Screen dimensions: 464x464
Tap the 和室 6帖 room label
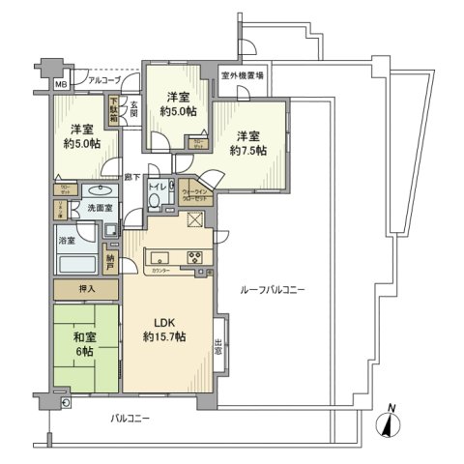point(83,344)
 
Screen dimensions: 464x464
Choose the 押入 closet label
point(85,289)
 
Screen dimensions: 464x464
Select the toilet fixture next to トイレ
point(156,200)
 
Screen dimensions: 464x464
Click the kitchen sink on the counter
point(159,258)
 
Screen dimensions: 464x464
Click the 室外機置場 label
point(243,75)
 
